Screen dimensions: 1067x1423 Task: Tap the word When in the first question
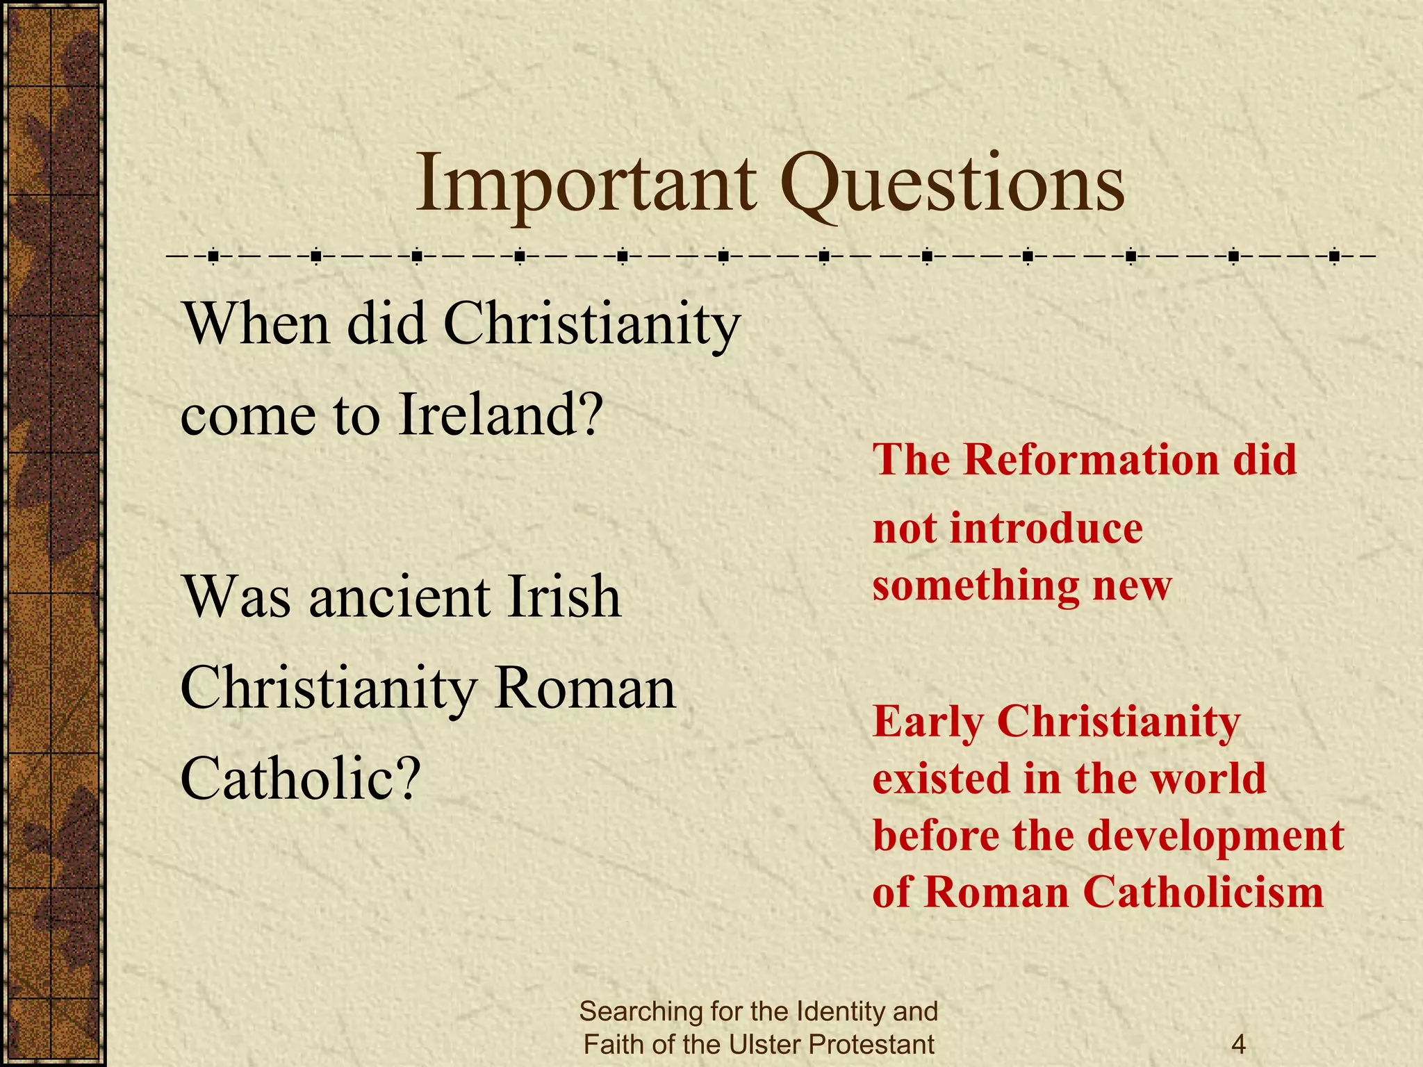tap(255, 324)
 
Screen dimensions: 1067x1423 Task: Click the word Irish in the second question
tap(564, 597)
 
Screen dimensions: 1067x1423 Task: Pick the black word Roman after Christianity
tap(585, 689)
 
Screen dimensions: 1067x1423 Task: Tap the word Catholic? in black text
tap(301, 779)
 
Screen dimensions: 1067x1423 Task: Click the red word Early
tap(928, 722)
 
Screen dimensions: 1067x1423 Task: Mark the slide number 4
tap(1237, 1044)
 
